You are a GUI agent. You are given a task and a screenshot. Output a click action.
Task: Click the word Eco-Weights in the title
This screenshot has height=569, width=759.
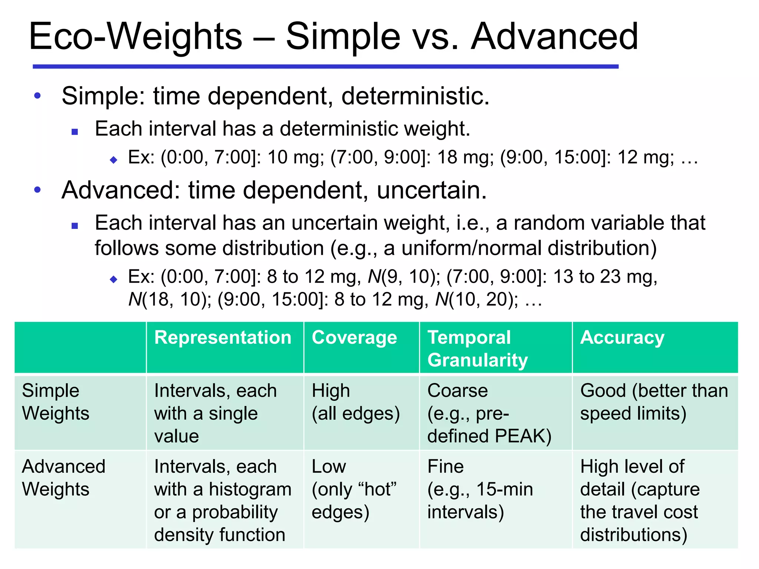click(x=135, y=37)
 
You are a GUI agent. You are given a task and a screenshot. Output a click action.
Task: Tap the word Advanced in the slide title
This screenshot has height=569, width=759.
click(x=554, y=37)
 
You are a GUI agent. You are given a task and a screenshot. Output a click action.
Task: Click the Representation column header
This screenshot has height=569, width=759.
click(x=223, y=338)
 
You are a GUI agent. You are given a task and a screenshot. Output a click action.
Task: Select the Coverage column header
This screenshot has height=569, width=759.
click(x=354, y=338)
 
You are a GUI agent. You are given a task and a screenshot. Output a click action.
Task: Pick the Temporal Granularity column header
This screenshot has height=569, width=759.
click(x=477, y=349)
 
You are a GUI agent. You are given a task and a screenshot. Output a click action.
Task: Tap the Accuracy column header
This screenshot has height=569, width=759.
click(x=622, y=338)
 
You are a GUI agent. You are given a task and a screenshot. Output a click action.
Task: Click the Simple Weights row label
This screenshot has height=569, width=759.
click(x=56, y=402)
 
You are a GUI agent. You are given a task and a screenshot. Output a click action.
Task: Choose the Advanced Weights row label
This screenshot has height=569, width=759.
click(x=63, y=478)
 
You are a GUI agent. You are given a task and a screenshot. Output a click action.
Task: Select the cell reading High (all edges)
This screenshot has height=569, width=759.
click(x=355, y=402)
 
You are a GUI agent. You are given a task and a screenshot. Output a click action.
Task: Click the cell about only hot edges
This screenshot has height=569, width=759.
click(x=354, y=489)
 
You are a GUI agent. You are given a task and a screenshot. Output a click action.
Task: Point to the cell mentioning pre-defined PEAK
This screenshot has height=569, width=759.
click(x=489, y=413)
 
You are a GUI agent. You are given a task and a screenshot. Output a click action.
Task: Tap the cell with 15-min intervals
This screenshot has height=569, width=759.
click(x=480, y=489)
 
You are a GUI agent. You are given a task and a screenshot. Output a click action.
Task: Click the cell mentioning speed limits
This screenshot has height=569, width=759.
click(x=654, y=402)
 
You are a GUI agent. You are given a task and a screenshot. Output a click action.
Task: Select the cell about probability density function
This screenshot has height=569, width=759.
click(x=222, y=500)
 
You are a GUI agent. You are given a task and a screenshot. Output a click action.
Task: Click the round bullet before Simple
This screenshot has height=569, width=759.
click(x=37, y=96)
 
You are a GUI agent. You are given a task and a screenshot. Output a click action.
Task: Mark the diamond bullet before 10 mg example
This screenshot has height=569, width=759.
click(x=114, y=160)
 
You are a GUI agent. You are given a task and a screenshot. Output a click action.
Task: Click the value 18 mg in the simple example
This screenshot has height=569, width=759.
click(x=465, y=157)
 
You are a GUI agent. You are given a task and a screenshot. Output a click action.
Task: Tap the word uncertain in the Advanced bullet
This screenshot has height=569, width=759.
click(x=431, y=190)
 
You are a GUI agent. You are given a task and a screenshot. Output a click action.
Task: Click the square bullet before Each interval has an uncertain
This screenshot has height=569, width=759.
click(x=75, y=226)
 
